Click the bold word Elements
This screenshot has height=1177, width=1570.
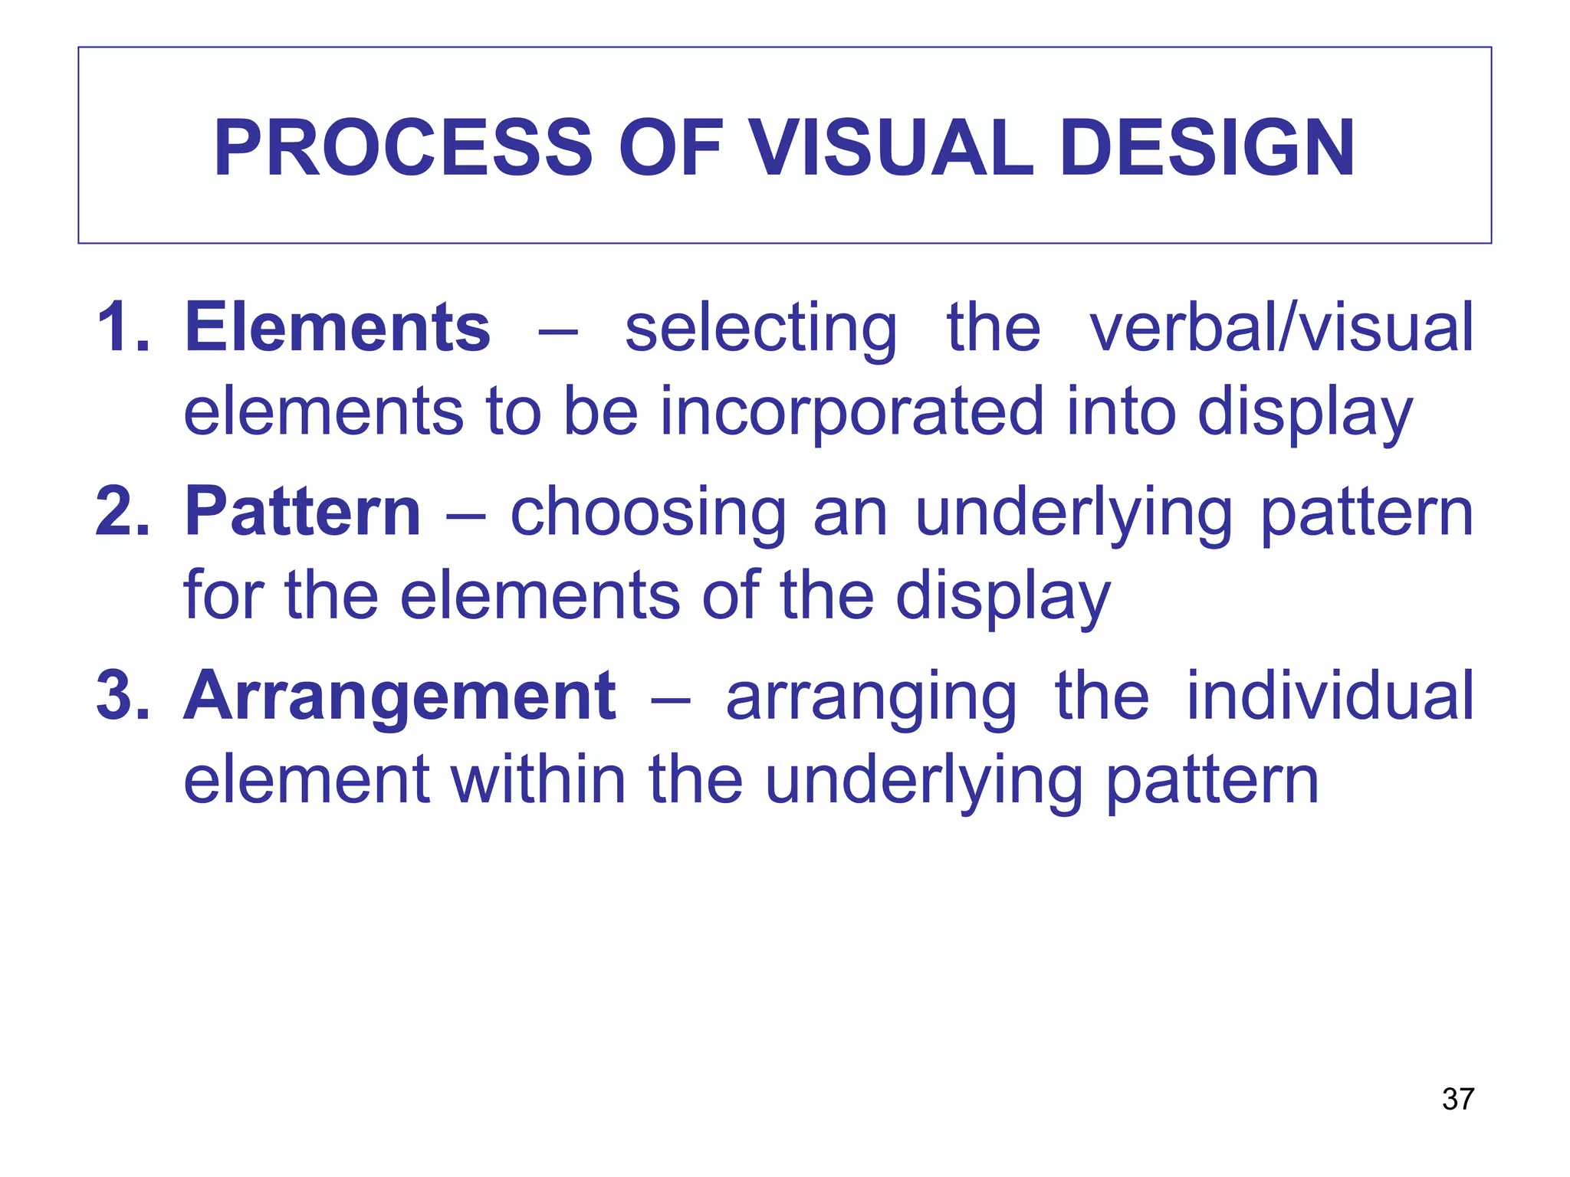click(337, 328)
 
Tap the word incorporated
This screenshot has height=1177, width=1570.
click(851, 412)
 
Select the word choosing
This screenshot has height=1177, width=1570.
click(649, 513)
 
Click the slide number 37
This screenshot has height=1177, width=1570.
click(1457, 1099)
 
